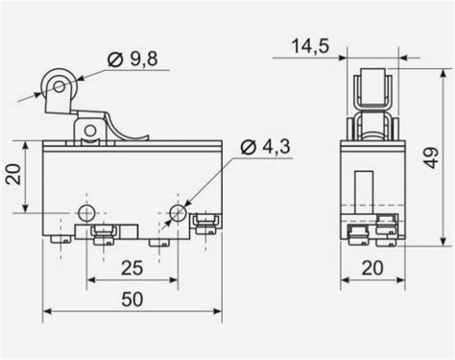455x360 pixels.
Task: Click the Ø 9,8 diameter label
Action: coord(132,60)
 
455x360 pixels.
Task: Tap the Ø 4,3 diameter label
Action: coord(265,147)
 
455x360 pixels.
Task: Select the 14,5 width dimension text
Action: coord(310,46)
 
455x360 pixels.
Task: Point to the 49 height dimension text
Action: coord(432,157)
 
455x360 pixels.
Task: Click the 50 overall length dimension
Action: coord(132,300)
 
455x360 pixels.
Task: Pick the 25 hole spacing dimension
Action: coord(132,268)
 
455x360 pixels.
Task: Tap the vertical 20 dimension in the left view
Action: coord(13,175)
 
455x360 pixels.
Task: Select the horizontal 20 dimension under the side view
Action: coord(372,268)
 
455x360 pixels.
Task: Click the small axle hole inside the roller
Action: coord(60,86)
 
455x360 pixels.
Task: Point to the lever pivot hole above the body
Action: coord(90,131)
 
